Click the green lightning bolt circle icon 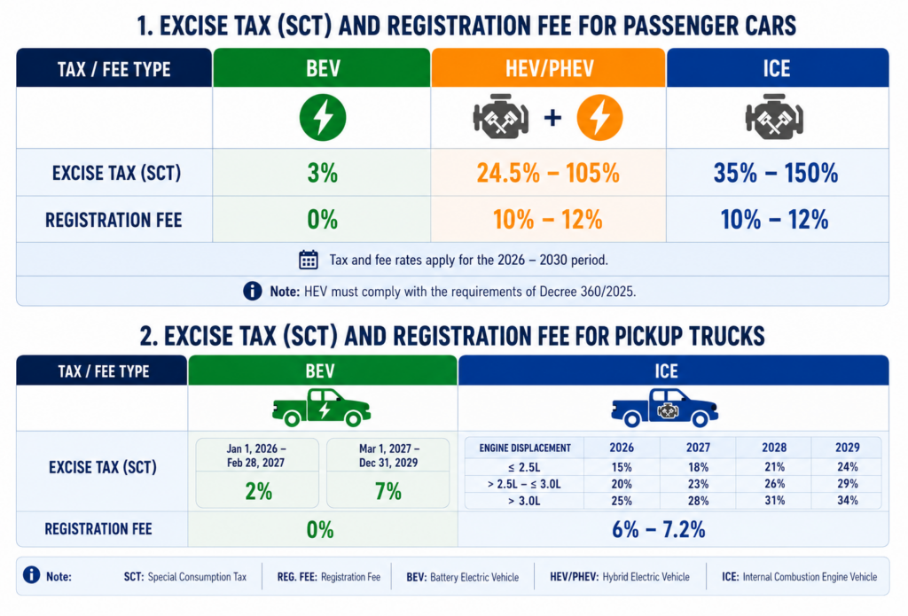[323, 118]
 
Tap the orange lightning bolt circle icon [599, 118]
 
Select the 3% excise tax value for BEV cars [323, 173]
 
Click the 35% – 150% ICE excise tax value [775, 173]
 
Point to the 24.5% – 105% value [548, 173]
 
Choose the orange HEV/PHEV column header [549, 68]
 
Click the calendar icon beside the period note [308, 260]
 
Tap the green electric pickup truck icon [321, 408]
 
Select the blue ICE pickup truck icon [665, 408]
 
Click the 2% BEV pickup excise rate [258, 492]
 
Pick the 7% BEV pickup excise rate [388, 492]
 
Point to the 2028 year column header [774, 448]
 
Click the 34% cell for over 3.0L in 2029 [847, 500]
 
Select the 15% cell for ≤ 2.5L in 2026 [622, 467]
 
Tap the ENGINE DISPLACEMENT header [525, 448]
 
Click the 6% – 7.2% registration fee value [659, 529]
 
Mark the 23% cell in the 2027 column [698, 484]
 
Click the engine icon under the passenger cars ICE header [774, 118]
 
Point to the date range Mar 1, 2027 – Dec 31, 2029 [388, 456]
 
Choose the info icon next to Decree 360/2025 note [252, 291]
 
